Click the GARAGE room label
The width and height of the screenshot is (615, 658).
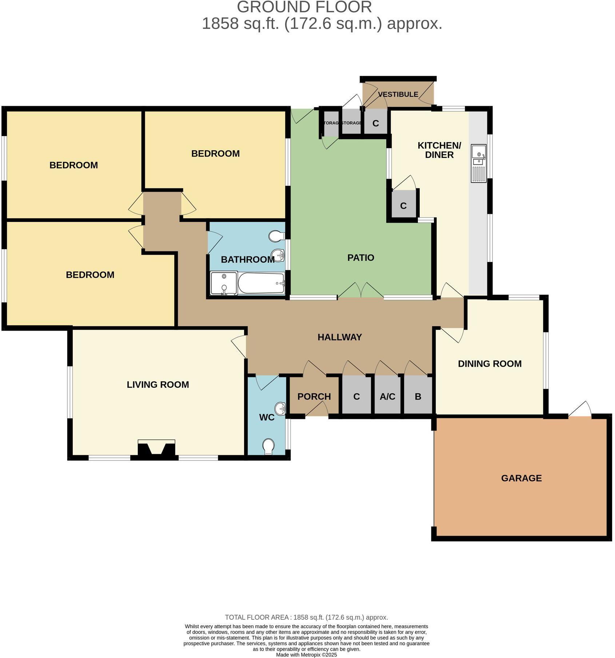pos(521,478)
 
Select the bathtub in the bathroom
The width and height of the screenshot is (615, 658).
pos(261,283)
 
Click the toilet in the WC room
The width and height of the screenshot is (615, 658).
pos(268,446)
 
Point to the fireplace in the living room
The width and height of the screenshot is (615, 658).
pos(156,449)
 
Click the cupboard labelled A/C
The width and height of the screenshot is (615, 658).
pos(387,396)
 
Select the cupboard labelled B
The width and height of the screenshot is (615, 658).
pos(418,396)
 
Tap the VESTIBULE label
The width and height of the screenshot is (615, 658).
pos(398,94)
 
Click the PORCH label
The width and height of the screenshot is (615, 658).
pos(314,396)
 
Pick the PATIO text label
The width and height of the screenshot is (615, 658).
pos(360,258)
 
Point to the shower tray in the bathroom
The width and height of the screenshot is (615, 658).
pos(224,283)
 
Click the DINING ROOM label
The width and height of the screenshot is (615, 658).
pos(490,363)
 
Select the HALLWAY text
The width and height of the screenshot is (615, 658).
pos(339,337)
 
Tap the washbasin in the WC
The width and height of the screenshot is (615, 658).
pos(280,408)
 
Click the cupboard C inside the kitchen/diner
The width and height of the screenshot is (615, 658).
pos(403,206)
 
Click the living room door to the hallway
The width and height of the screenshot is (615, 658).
pos(239,346)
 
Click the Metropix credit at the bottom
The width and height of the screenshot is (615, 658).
pos(306,655)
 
